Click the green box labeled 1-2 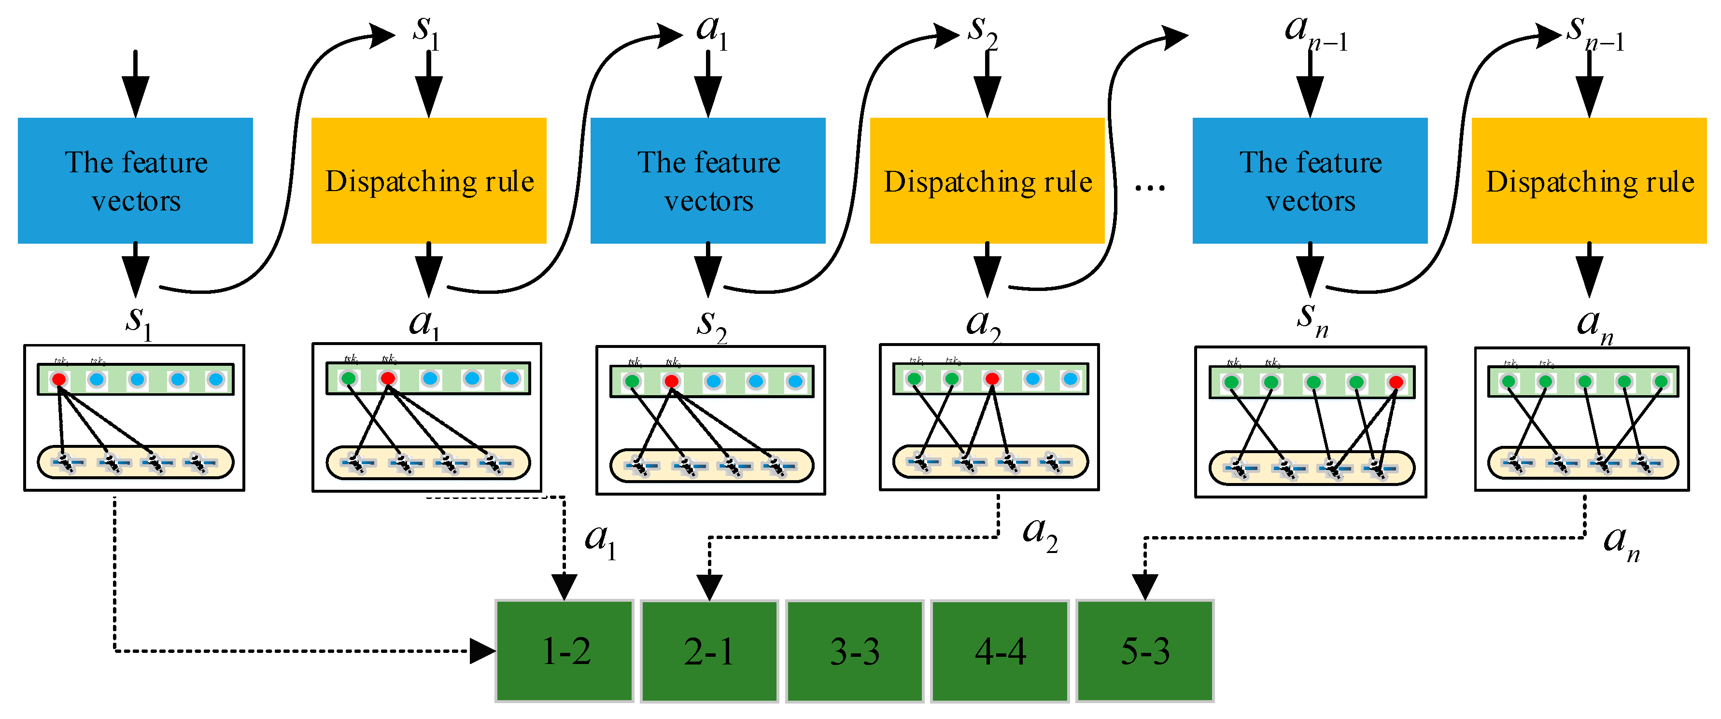pos(564,651)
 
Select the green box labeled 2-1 pos(709,651)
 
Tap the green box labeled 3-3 pos(855,651)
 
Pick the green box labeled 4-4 pos(1000,651)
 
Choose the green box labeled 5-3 pos(1145,651)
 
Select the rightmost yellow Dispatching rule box pos(1589,181)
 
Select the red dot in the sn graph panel pos(1396,382)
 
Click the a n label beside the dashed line pos(1621,542)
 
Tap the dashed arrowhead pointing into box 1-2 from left pos(482,651)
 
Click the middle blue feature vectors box pos(708,181)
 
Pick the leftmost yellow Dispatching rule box pos(429,181)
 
